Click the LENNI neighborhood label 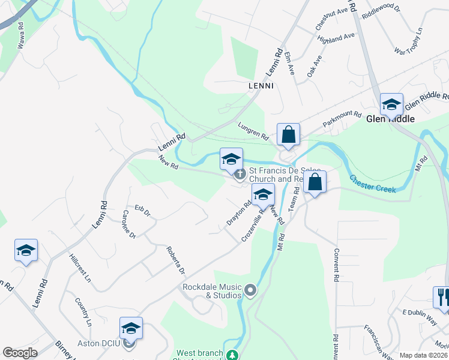tap(261, 86)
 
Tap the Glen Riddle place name tap(390, 119)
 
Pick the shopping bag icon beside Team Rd tap(315, 181)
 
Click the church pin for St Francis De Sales tap(240, 175)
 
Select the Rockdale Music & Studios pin tap(251, 292)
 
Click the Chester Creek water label tap(373, 184)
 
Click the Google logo tap(20, 353)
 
